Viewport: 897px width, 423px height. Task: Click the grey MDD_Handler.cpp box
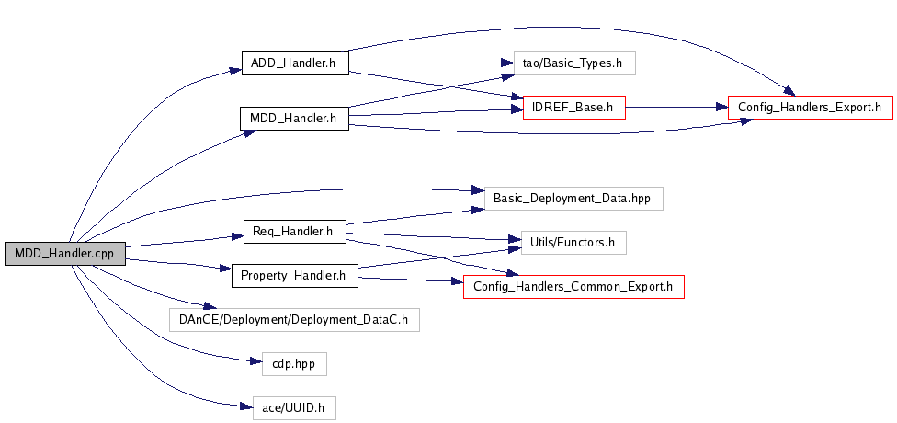click(64, 254)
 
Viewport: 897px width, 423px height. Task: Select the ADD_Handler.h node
click(295, 63)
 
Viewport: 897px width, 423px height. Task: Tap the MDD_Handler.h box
click(295, 119)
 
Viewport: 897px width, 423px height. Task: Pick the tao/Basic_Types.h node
click(574, 63)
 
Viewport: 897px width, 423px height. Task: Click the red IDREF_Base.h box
click(573, 108)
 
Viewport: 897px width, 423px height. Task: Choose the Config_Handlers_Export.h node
click(810, 108)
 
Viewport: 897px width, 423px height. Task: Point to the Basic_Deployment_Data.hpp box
click(573, 199)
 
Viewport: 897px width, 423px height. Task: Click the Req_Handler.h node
click(295, 232)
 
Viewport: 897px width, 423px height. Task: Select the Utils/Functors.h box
click(573, 243)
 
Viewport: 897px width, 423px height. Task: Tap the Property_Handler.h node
click(295, 276)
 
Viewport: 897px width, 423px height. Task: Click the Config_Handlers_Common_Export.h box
click(573, 287)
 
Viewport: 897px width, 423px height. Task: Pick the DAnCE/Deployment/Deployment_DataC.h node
click(295, 319)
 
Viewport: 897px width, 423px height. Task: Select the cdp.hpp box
click(295, 364)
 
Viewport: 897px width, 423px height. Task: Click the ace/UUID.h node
click(295, 408)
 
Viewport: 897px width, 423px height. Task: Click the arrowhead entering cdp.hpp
click(256, 361)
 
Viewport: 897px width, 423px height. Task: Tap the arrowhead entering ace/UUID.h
click(247, 406)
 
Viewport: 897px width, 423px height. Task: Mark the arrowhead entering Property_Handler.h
click(225, 269)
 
